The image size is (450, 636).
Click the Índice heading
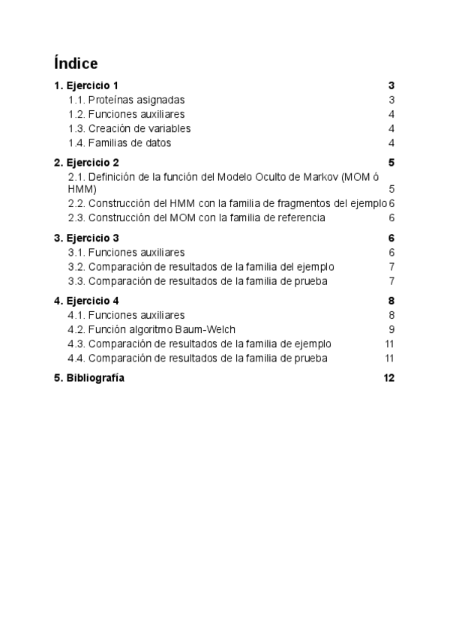76,63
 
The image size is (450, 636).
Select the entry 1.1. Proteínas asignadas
126,100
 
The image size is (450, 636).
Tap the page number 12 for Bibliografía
388,379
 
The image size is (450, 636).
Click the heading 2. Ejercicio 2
86,163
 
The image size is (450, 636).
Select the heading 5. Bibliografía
89,379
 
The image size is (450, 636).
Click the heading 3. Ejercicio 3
86,238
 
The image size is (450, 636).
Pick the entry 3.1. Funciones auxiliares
126,253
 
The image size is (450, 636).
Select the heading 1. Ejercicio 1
86,85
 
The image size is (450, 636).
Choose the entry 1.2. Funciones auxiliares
126,114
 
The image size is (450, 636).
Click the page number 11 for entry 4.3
389,343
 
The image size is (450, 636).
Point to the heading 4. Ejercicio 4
86,301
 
